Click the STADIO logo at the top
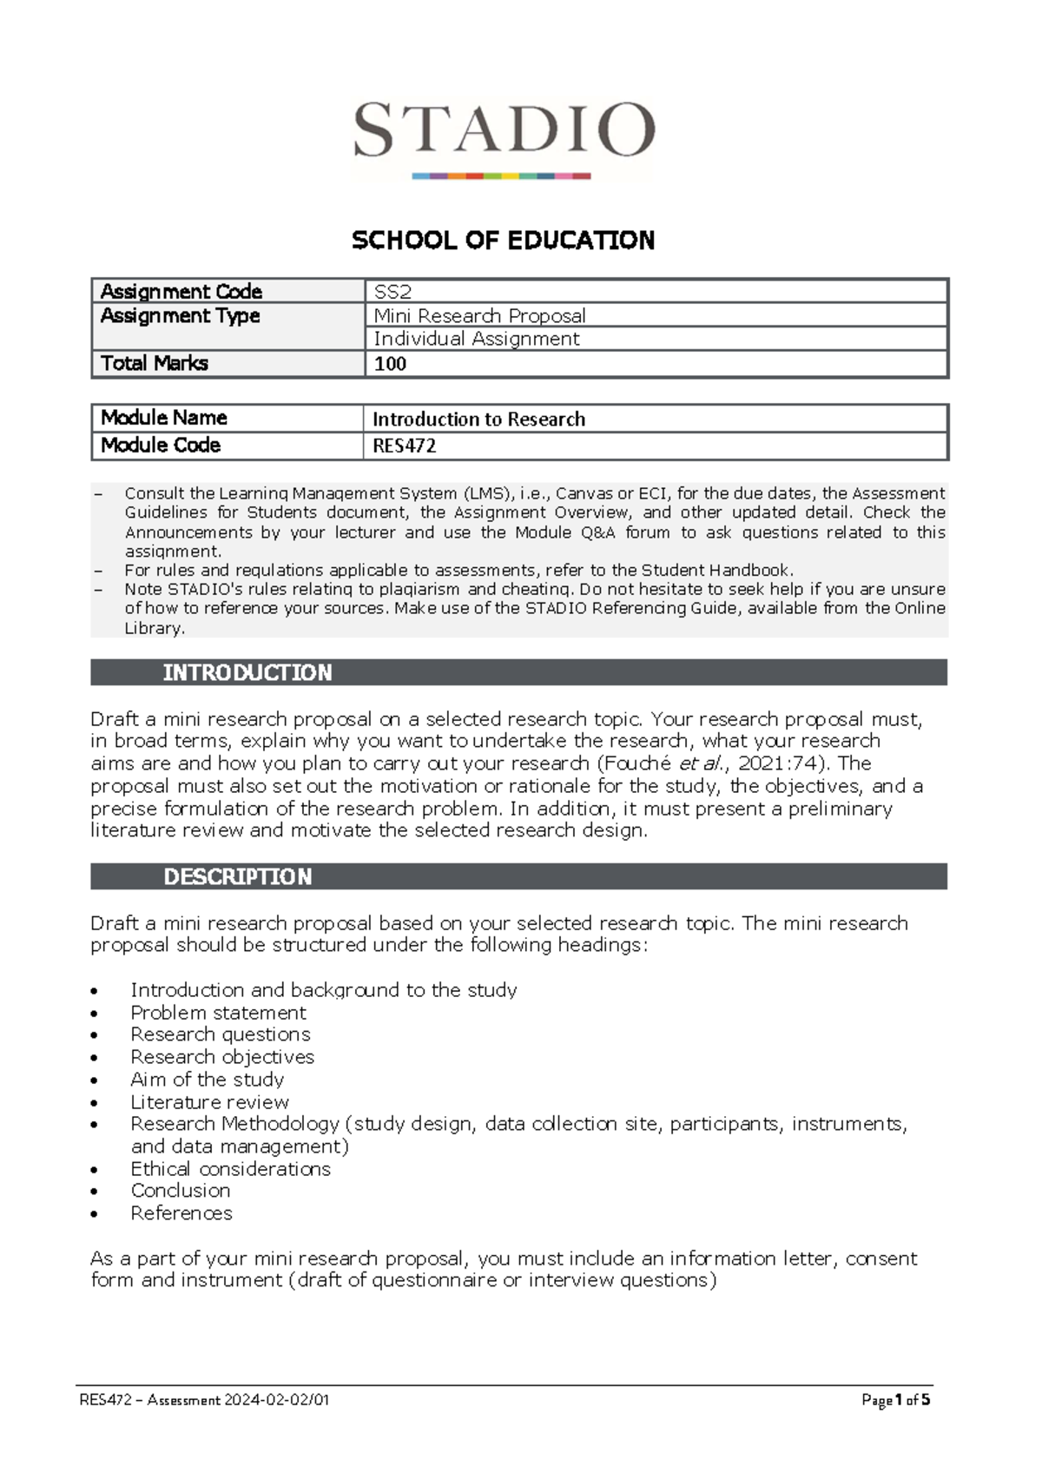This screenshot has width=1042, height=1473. [x=503, y=137]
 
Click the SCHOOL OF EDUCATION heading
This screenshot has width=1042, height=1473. [x=503, y=241]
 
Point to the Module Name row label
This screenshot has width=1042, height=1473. [x=164, y=418]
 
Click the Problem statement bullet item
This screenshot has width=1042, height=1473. [x=218, y=1013]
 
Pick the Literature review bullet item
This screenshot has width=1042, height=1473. [x=209, y=1102]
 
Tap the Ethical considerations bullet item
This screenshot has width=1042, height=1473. [x=230, y=1169]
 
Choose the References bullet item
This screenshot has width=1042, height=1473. [x=181, y=1213]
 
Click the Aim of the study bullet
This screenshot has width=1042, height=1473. [x=207, y=1080]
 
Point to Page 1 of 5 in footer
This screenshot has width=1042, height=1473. [x=895, y=1400]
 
